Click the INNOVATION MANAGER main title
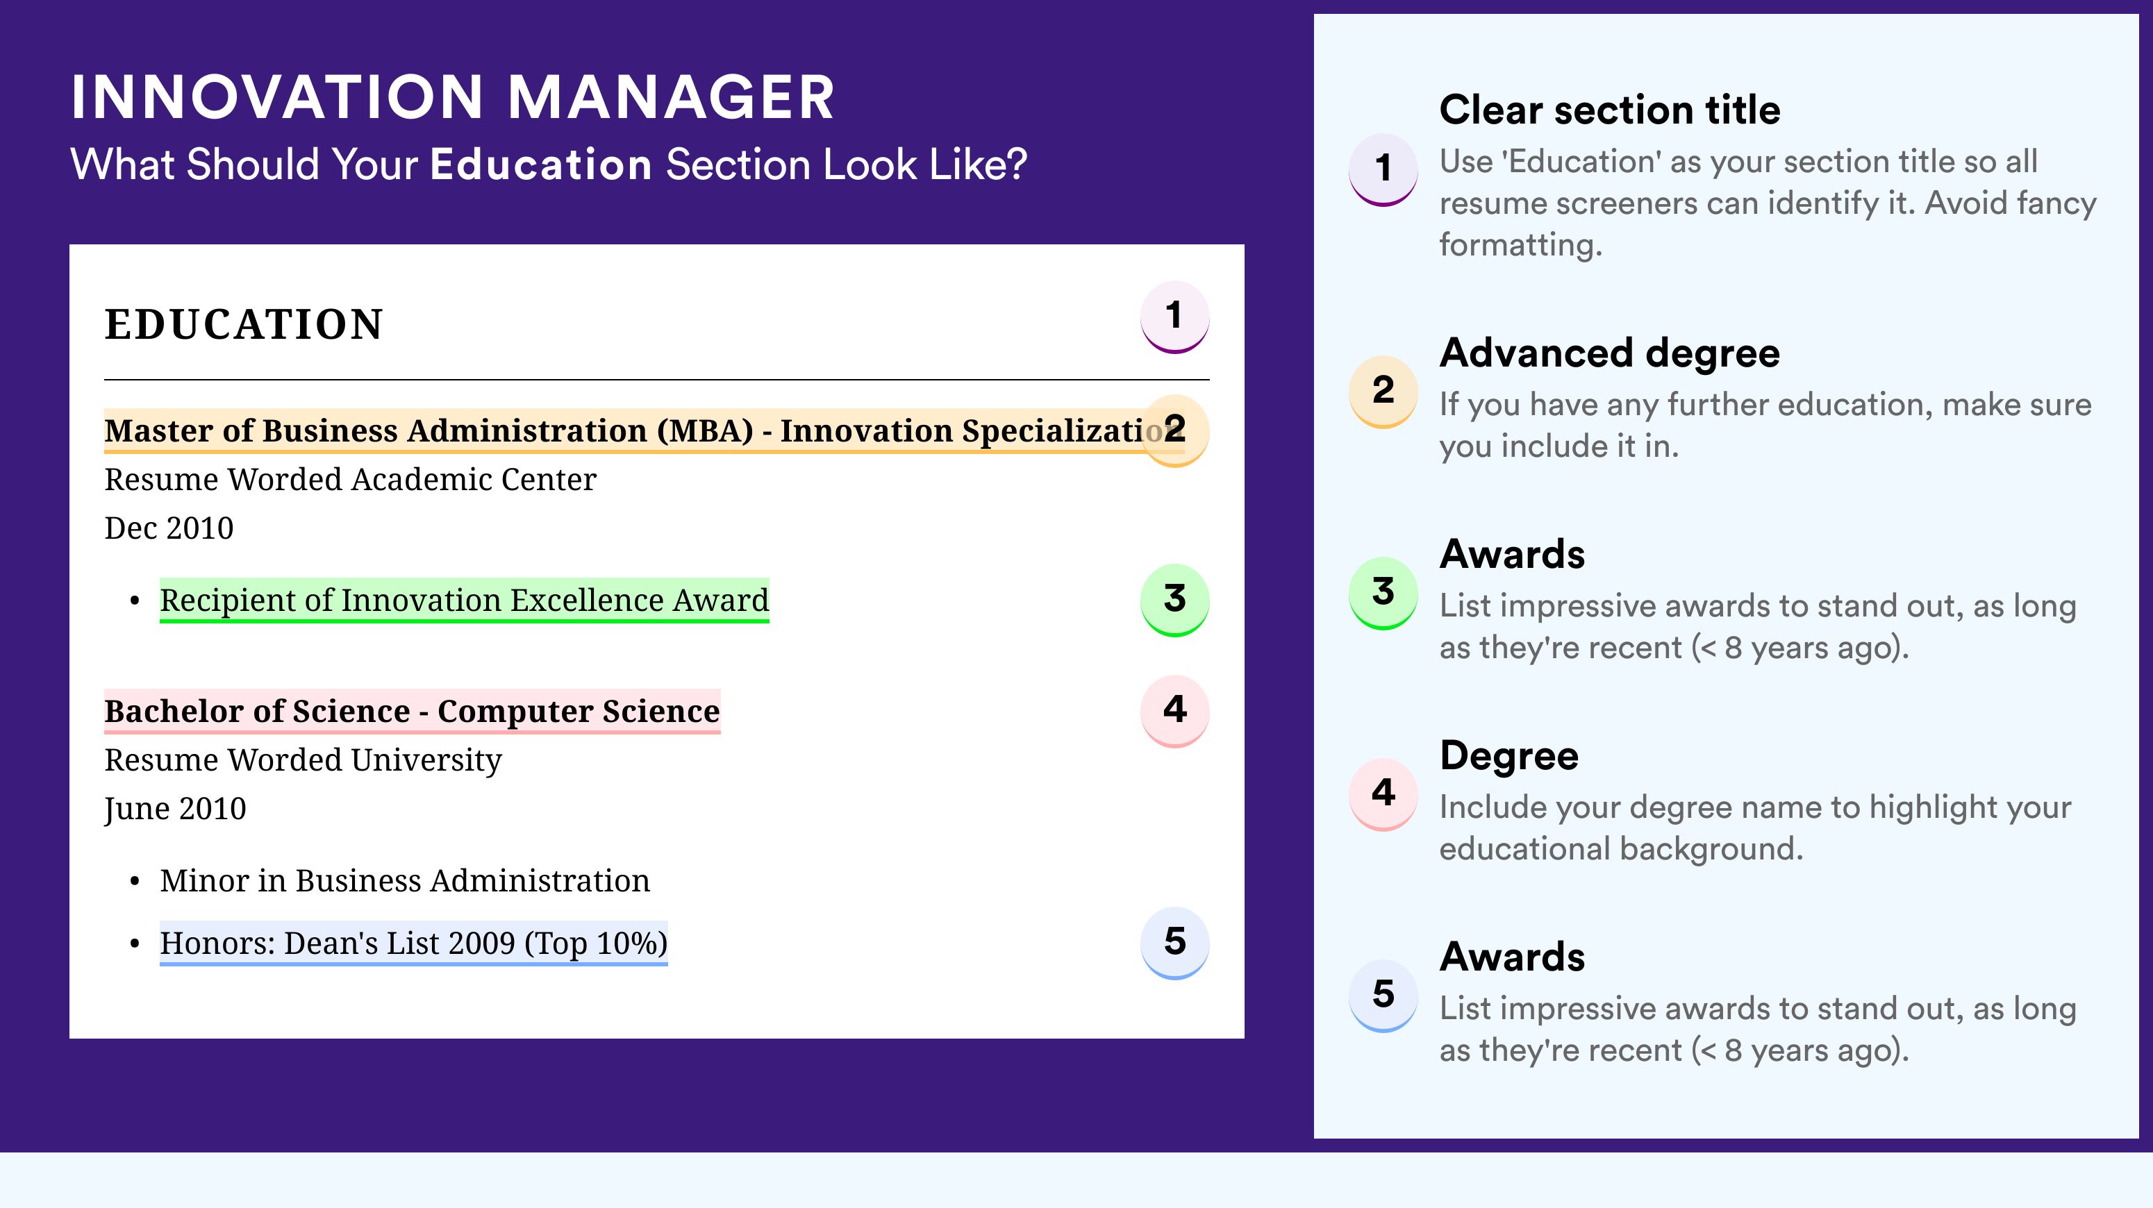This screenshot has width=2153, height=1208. pos(452,97)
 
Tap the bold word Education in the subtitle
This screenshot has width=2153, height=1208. pos(541,164)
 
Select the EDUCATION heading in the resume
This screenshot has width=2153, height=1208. pos(243,324)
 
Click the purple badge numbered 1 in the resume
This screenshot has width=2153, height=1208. pos(1174,317)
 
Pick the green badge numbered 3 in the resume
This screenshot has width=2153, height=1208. pos(1174,600)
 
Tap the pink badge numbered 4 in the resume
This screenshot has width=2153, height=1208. pos(1174,711)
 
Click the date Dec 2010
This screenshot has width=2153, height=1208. pos(169,528)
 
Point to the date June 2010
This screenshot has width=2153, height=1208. pos(176,809)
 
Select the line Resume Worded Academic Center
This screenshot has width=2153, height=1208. pos(350,480)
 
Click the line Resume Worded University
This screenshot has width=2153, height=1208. pos(303,760)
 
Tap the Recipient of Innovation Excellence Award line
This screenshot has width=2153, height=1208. pos(464,600)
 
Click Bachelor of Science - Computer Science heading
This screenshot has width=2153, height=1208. pos(412,711)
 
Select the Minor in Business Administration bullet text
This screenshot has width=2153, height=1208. pos(404,880)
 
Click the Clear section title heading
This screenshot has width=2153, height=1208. pos(1610,110)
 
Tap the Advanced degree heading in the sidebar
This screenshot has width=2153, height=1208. pos(1610,353)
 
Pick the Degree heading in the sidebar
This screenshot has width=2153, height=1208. pos(1509,755)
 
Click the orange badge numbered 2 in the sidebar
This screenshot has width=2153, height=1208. pos(1383,391)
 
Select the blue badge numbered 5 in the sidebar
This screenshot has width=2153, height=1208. pos(1383,995)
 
